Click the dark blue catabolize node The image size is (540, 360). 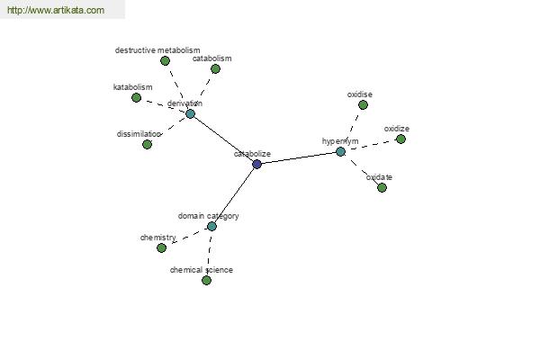(x=257, y=164)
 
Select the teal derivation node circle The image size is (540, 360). (x=190, y=113)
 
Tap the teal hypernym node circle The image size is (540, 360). (x=340, y=151)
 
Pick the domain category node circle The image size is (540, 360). (x=211, y=226)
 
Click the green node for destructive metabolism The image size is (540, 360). (x=165, y=61)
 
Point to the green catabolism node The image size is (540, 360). (x=215, y=68)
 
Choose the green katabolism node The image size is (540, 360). (x=137, y=97)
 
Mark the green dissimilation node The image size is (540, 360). (x=148, y=144)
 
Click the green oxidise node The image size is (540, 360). (x=363, y=104)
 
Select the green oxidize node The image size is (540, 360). (x=400, y=139)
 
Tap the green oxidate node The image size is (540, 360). (x=382, y=187)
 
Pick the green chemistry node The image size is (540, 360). (x=162, y=247)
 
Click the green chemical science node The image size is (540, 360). (x=206, y=280)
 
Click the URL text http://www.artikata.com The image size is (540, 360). (x=56, y=11)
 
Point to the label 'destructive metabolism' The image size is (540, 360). (x=157, y=50)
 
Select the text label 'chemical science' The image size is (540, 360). (x=202, y=269)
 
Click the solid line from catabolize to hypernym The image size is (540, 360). (x=299, y=157)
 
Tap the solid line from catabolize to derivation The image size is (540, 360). (x=223, y=139)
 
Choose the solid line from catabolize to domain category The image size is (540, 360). (x=234, y=195)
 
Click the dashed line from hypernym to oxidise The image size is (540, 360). (x=352, y=127)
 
